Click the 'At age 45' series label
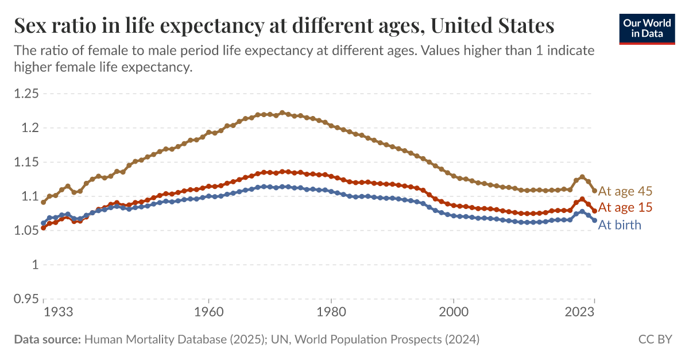625,191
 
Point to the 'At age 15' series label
625,207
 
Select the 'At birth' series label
620,225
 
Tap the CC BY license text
655,339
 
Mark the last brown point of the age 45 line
594,190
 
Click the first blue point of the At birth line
44,223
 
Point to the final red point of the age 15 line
594,210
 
